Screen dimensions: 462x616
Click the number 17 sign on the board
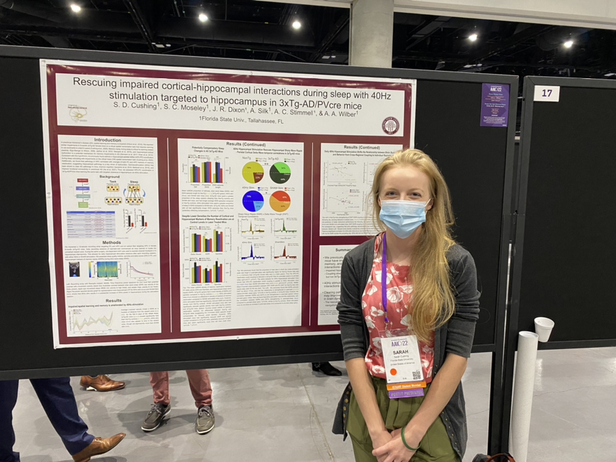(546, 93)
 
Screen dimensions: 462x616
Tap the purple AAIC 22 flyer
(494, 104)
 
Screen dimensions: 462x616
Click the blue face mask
(403, 217)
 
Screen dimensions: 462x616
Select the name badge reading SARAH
(402, 360)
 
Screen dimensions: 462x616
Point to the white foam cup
(543, 328)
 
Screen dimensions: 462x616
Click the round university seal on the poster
(391, 125)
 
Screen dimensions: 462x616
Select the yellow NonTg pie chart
(253, 172)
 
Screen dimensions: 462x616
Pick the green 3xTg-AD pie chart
(280, 172)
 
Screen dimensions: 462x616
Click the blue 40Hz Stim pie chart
(253, 201)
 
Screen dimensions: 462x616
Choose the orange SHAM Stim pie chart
(280, 201)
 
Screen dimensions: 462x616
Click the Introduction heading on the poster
(107, 140)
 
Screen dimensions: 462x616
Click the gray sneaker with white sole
(156, 417)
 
